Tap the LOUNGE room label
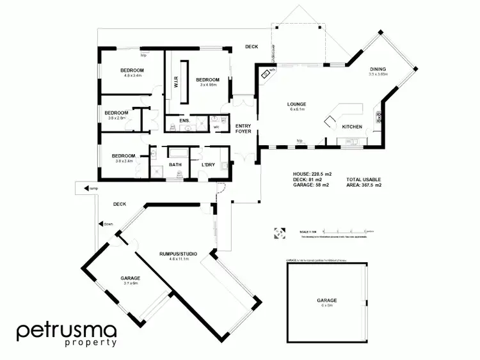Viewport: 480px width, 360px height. pyautogui.click(x=297, y=104)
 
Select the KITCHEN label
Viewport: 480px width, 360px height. pyautogui.click(x=352, y=127)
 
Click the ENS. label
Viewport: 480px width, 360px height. pyautogui.click(x=184, y=120)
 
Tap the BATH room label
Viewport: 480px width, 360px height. pyautogui.click(x=175, y=165)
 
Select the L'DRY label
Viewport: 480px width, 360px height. pyautogui.click(x=207, y=165)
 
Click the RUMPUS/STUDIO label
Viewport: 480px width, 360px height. pyautogui.click(x=178, y=254)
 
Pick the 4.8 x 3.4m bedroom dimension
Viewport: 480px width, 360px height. pyautogui.click(x=133, y=75)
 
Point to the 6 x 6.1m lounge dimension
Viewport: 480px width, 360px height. pyautogui.click(x=297, y=109)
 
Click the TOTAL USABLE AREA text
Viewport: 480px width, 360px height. pyautogui.click(x=364, y=182)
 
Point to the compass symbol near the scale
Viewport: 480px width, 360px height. pyautogui.click(x=279, y=233)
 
